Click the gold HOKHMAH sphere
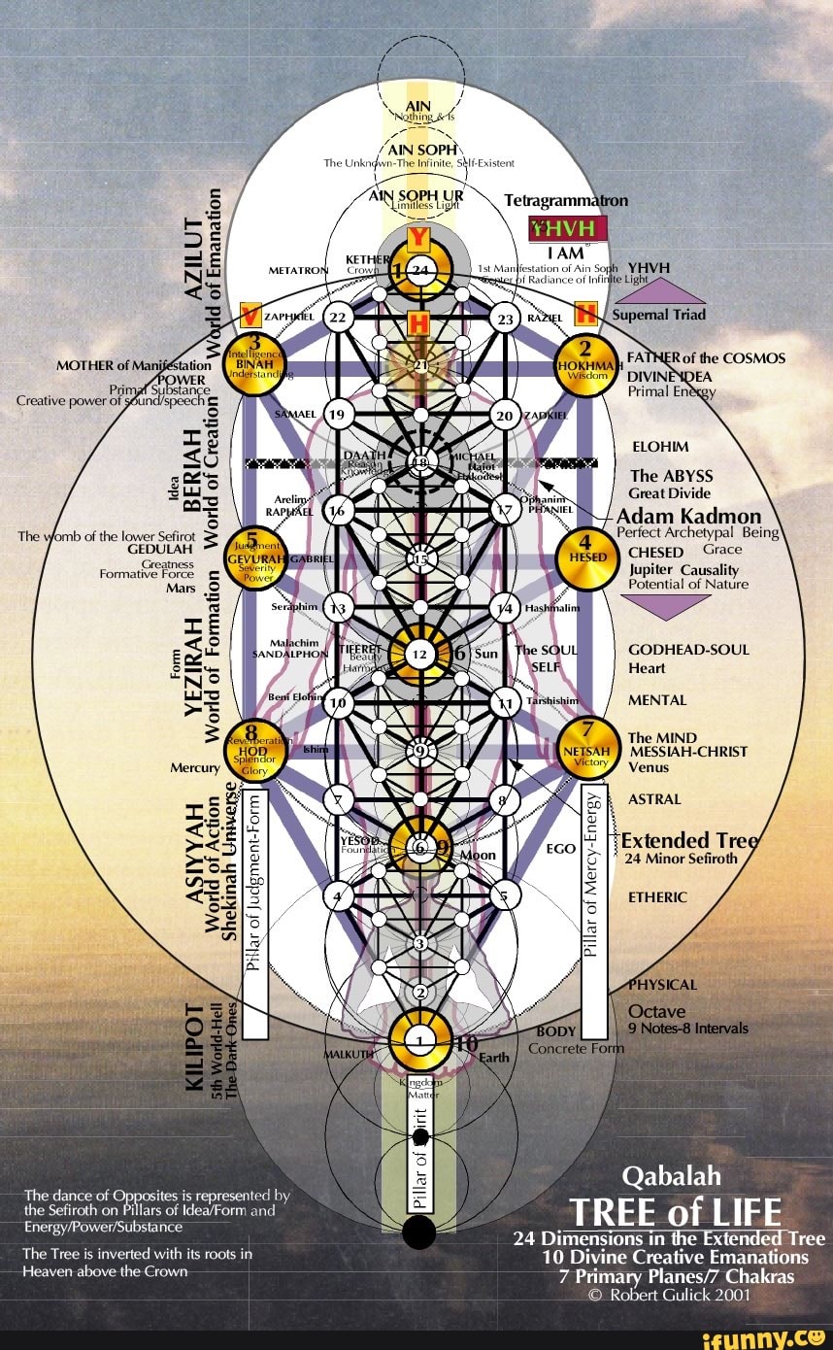[x=585, y=367]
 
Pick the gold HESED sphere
[x=585, y=557]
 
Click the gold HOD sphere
[x=254, y=750]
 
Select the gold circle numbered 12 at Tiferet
[x=419, y=655]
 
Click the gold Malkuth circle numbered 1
[x=418, y=1040]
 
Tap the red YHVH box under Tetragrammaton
[x=567, y=228]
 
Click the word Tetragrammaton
[x=566, y=201]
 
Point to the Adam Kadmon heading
[x=688, y=516]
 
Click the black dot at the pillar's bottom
[x=419, y=1232]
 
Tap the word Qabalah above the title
[x=671, y=1176]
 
